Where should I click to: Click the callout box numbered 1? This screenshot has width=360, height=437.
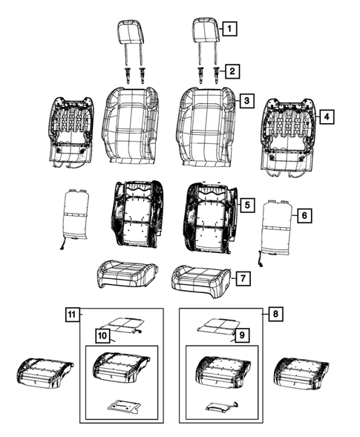(232, 30)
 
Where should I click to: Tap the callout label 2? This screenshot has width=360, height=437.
(233, 71)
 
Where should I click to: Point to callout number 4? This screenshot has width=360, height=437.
(325, 116)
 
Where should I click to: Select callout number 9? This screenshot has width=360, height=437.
(240, 336)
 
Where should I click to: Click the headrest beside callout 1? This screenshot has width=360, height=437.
(204, 31)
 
